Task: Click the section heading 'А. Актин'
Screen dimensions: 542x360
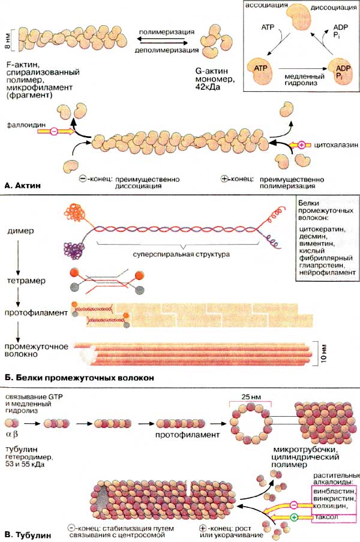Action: point(23,187)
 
